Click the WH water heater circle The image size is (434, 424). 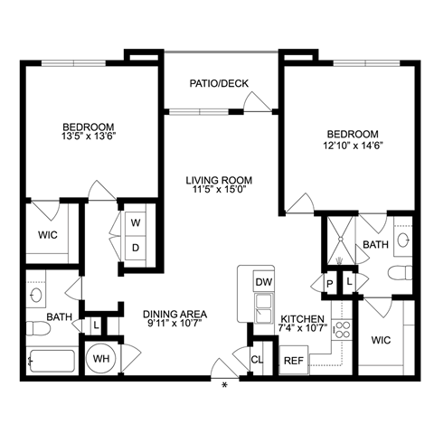[100, 359]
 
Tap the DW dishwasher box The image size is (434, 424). [263, 282]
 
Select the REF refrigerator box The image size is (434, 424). [294, 360]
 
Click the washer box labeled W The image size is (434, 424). [136, 223]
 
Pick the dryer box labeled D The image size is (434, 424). [136, 248]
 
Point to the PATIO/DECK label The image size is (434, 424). [219, 83]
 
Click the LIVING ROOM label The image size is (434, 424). [219, 180]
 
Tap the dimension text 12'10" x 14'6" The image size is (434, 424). [353, 146]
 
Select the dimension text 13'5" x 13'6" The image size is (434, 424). [89, 137]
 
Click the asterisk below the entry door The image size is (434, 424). [224, 385]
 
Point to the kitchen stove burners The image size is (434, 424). [343, 330]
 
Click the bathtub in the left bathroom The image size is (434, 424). [52, 362]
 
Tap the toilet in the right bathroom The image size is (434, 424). [400, 273]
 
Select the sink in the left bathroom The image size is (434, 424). [36, 295]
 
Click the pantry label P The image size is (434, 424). [330, 284]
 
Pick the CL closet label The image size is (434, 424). [257, 359]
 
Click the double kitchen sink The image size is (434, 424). [263, 308]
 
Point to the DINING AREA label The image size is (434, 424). [175, 314]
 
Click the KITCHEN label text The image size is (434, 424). [302, 318]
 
